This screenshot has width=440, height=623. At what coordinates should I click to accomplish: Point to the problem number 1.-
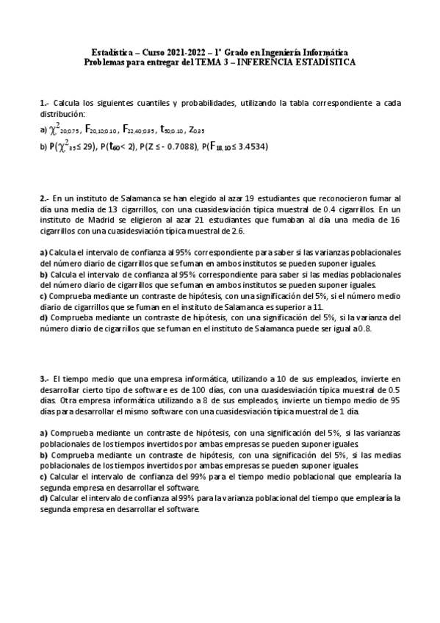44,104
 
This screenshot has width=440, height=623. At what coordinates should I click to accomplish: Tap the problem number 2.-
44,198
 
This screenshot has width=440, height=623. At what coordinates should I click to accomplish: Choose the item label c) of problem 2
43,295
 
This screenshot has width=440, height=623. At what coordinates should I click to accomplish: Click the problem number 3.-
44,379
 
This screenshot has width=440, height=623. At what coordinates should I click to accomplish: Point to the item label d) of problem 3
43,497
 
